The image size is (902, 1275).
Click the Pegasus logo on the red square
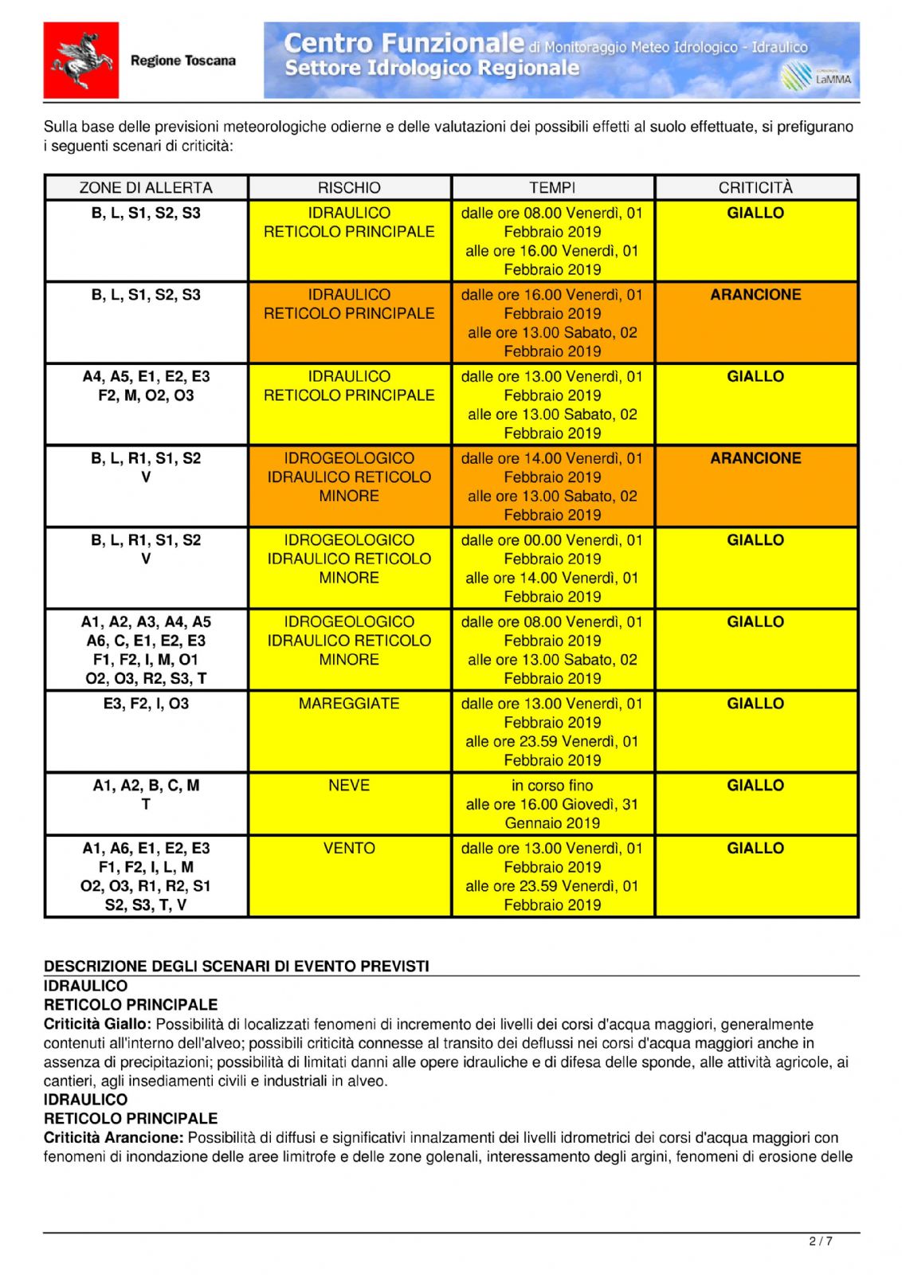point(80,61)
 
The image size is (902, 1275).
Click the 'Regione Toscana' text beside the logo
point(182,61)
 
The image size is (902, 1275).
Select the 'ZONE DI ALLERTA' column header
point(146,188)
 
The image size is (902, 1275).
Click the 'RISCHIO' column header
point(349,188)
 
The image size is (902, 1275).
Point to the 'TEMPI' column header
point(552,188)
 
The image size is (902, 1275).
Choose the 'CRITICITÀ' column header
point(755,188)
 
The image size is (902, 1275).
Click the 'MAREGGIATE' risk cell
point(349,704)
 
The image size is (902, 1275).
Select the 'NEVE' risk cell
point(349,786)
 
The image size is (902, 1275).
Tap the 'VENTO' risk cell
point(349,849)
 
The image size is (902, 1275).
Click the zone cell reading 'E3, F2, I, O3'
point(146,704)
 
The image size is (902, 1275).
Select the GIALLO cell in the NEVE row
point(755,786)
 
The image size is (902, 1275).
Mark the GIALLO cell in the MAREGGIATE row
point(755,704)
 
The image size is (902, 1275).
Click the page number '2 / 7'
point(821,1242)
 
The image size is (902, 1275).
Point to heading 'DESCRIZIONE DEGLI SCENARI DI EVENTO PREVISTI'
point(237,967)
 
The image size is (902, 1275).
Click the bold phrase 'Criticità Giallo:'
point(96,1025)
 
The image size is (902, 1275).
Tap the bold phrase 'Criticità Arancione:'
point(113,1138)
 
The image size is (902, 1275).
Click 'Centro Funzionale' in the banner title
point(404,43)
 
